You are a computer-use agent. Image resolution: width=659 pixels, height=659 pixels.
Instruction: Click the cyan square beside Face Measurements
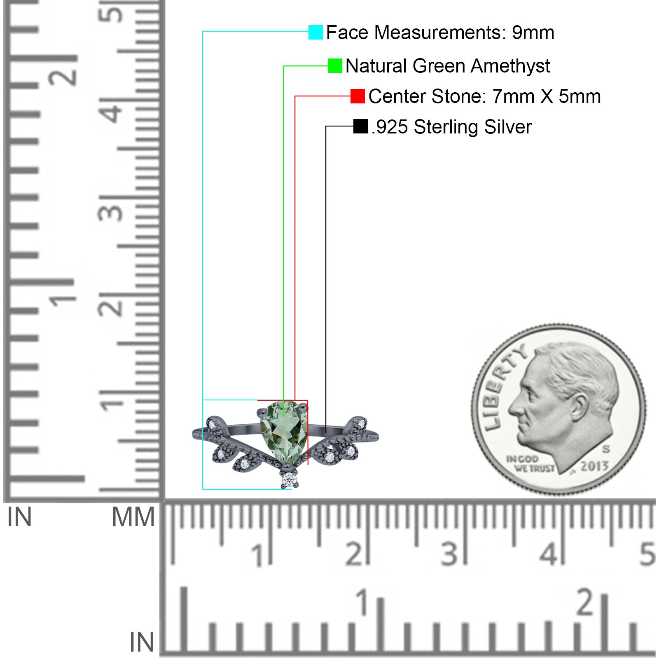click(315, 32)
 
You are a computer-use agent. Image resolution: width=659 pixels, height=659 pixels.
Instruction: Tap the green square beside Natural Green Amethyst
click(335, 65)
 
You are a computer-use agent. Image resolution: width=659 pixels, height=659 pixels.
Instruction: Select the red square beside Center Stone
click(358, 96)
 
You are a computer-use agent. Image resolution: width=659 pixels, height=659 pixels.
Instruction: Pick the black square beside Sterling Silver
click(360, 126)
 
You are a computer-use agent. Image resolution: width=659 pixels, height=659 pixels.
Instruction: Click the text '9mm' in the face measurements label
click(533, 33)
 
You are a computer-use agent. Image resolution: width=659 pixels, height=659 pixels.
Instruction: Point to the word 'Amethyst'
click(510, 66)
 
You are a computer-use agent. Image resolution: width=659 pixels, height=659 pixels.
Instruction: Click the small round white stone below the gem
click(289, 479)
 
